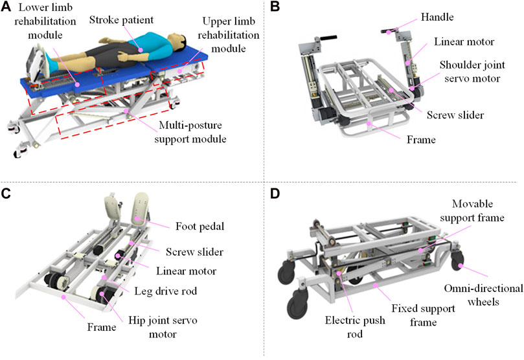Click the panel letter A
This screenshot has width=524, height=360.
pos(6,6)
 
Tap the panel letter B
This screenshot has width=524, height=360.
pos(275,6)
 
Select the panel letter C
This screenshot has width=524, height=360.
pos(6,194)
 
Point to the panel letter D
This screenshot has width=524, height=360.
pos(275,194)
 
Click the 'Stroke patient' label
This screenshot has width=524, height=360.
pos(121,20)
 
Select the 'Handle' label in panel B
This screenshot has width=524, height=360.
pos(437,17)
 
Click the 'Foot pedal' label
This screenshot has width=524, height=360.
pos(200,227)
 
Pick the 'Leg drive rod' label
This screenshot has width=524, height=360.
pos(165,291)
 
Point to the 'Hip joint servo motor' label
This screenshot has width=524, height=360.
pos(163,327)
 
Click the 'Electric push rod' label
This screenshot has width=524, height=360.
pos(355,327)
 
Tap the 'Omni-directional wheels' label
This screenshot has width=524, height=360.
pos(483,295)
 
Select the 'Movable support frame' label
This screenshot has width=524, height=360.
pos(472,210)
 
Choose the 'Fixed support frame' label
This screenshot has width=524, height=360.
pos(423,315)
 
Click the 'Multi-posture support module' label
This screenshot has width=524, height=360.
pos(190,132)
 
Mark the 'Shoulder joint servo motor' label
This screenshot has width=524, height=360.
pos(472,71)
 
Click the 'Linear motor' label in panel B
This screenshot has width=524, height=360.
pos(464,41)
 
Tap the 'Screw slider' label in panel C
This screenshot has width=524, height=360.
pos(194,252)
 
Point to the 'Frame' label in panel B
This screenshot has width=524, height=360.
pos(421,139)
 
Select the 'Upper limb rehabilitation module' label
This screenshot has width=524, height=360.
pos(229,35)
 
